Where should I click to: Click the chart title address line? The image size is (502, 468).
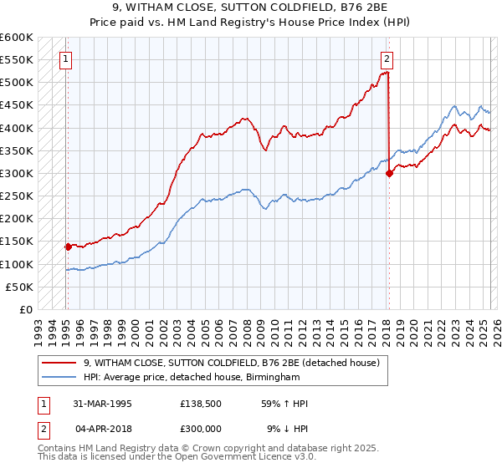pyautogui.click(x=251, y=8)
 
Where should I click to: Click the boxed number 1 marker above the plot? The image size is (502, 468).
pyautogui.click(x=66, y=58)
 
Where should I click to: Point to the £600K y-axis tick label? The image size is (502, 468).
pyautogui.click(x=17, y=38)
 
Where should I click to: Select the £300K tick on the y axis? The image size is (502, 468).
pyautogui.click(x=17, y=174)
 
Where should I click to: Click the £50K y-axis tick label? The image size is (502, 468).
pyautogui.click(x=20, y=287)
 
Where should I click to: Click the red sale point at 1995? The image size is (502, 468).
pyautogui.click(x=67, y=247)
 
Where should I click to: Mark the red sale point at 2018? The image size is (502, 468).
pyautogui.click(x=389, y=174)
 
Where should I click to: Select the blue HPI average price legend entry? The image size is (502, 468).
pyautogui.click(x=192, y=378)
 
